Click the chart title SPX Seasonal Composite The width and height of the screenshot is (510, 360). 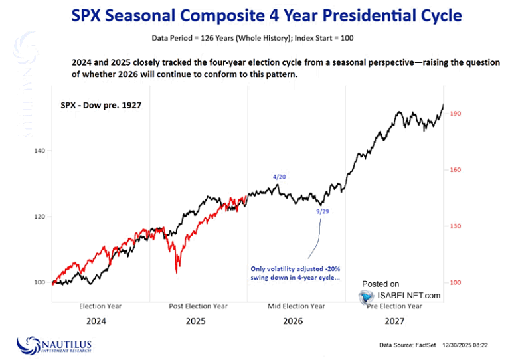[254, 14]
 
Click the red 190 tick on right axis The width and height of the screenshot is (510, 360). [456, 114]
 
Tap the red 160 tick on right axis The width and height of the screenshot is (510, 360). [456, 170]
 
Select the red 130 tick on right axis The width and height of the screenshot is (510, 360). [456, 226]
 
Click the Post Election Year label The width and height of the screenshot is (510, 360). [199, 306]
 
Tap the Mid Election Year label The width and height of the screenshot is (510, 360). [297, 306]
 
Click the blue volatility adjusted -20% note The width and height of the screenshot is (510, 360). [295, 273]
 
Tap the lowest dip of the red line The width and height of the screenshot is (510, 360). [176, 272]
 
